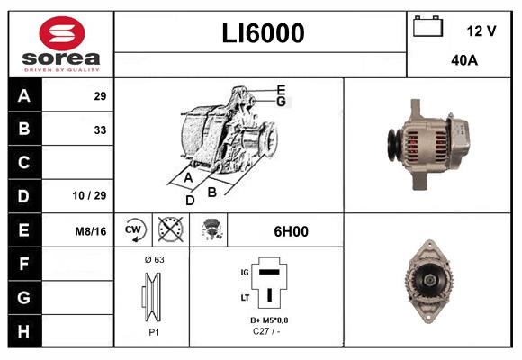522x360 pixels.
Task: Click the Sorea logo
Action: [60, 44]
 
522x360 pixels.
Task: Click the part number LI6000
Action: [263, 33]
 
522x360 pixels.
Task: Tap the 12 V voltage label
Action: [481, 31]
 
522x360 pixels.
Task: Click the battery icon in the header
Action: [427, 29]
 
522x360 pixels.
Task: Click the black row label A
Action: [24, 95]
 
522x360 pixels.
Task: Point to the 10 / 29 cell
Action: [89, 195]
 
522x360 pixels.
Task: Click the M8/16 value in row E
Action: [91, 231]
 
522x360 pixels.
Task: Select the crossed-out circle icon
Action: [169, 230]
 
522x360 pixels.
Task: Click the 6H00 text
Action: [291, 231]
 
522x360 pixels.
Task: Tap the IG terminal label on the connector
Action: [243, 270]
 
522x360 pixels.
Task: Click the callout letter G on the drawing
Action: [281, 102]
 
